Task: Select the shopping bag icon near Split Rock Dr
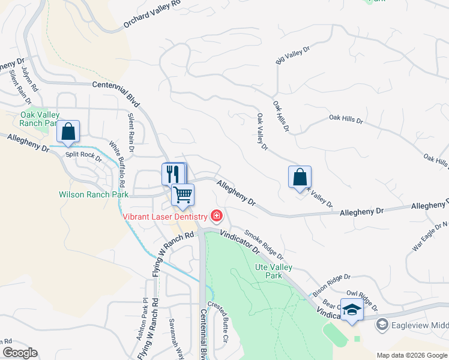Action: point(68,131)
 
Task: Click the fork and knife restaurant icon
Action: point(173,174)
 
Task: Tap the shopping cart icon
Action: point(183,194)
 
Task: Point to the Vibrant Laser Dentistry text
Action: point(165,217)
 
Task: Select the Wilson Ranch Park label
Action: point(94,194)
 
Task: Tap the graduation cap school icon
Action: point(352,310)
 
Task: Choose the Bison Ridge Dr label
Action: point(331,285)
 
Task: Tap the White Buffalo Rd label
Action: point(116,163)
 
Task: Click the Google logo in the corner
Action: point(20,353)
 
